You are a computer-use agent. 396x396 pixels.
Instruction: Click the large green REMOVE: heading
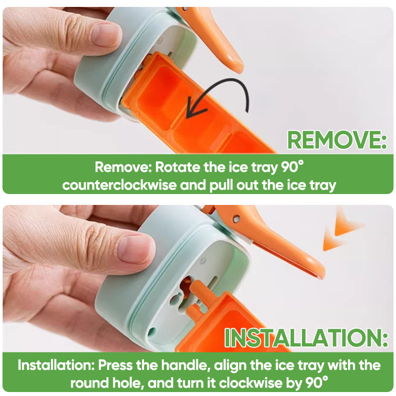click(x=337, y=140)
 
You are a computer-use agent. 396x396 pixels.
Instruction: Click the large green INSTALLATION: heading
click(x=306, y=338)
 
